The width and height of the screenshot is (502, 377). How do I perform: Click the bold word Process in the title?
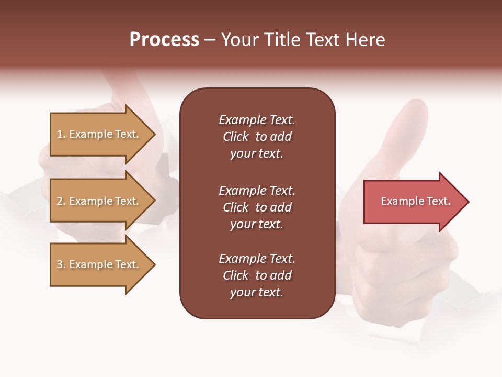tap(164, 40)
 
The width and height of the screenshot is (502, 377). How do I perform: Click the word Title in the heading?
tap(281, 40)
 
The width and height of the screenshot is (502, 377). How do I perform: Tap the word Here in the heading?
tap(365, 40)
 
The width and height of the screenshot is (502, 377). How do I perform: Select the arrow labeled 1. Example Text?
tap(99, 134)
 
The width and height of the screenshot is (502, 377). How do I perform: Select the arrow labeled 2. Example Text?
tap(99, 201)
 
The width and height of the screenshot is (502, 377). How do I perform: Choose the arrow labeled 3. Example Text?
tap(99, 264)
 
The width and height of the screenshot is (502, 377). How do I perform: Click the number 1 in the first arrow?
tap(60, 134)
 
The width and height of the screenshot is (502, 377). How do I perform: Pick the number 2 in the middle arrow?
tap(60, 201)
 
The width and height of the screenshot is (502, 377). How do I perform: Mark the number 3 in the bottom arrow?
tap(60, 264)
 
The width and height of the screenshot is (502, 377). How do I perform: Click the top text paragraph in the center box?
tap(257, 137)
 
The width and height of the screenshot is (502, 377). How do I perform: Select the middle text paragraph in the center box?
tap(257, 207)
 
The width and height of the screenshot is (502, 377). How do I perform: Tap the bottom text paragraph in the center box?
tap(257, 275)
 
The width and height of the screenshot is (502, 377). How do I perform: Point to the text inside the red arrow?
tap(415, 201)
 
